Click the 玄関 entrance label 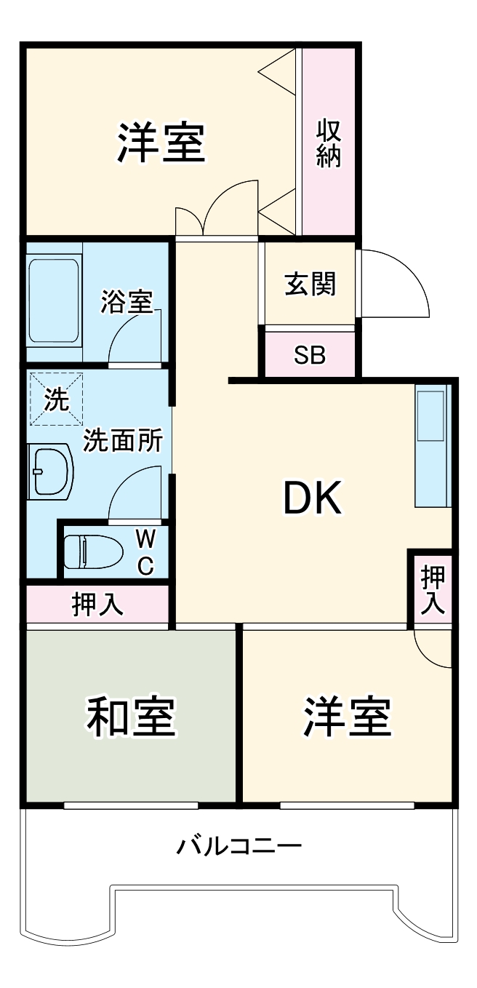coord(310,284)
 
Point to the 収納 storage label coord(329,143)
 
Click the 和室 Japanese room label coord(132,717)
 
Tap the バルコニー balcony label coord(239,846)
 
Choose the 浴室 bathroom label coord(127,301)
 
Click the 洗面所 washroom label coord(121,441)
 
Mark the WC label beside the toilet coord(145,552)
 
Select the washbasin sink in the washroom coord(50,472)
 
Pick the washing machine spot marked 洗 coord(57,399)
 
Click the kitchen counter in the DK coord(433,445)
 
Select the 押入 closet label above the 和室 coord(97,605)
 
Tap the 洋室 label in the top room coord(161,143)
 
